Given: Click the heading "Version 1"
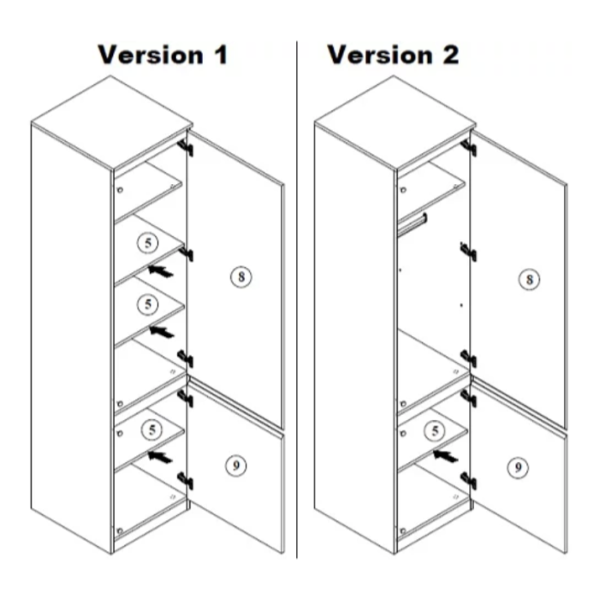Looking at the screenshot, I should pyautogui.click(x=163, y=55).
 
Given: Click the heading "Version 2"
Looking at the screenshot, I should pyautogui.click(x=393, y=55).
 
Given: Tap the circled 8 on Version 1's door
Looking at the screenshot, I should pyautogui.click(x=241, y=277).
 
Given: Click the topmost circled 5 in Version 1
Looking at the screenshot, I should pyautogui.click(x=149, y=244).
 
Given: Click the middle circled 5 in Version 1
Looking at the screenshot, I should pyautogui.click(x=149, y=303).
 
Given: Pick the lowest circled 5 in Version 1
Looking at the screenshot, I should pyautogui.click(x=149, y=428).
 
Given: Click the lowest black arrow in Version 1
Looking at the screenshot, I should pyautogui.click(x=161, y=456).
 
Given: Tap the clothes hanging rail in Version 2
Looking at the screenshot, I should pyautogui.click(x=414, y=222).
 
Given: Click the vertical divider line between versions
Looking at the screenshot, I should pyautogui.click(x=297, y=299).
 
